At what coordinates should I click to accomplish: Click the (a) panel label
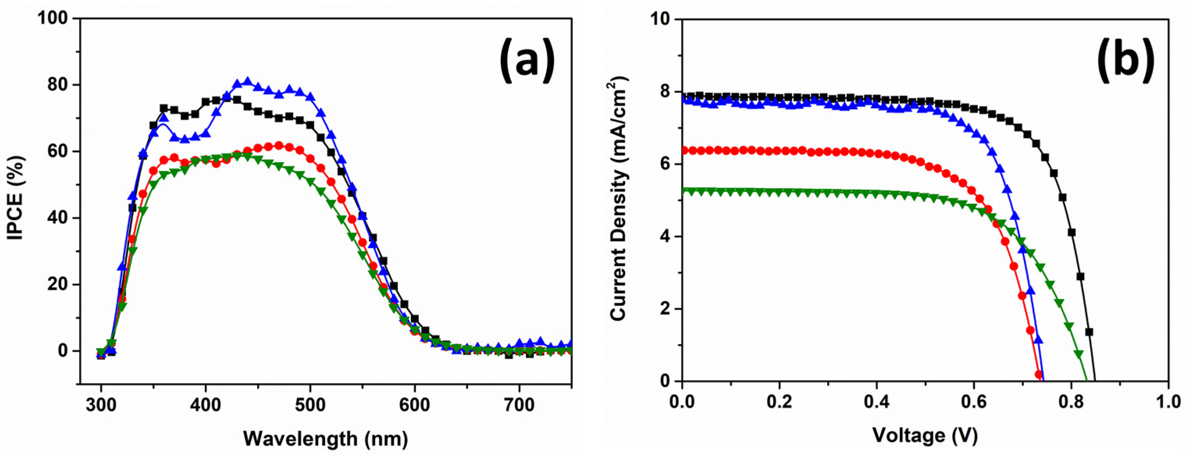coord(527,59)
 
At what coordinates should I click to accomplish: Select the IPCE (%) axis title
coord(16,198)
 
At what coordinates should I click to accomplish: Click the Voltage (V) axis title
coord(925,435)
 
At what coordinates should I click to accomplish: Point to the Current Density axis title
coord(619,199)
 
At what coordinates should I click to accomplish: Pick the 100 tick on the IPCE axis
coord(53,18)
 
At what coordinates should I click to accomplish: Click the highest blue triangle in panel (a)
coord(247,82)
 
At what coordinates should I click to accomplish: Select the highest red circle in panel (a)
coord(278,145)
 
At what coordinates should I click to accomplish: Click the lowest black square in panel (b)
coord(1089,332)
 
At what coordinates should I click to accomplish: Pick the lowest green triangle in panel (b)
coord(1079,355)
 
